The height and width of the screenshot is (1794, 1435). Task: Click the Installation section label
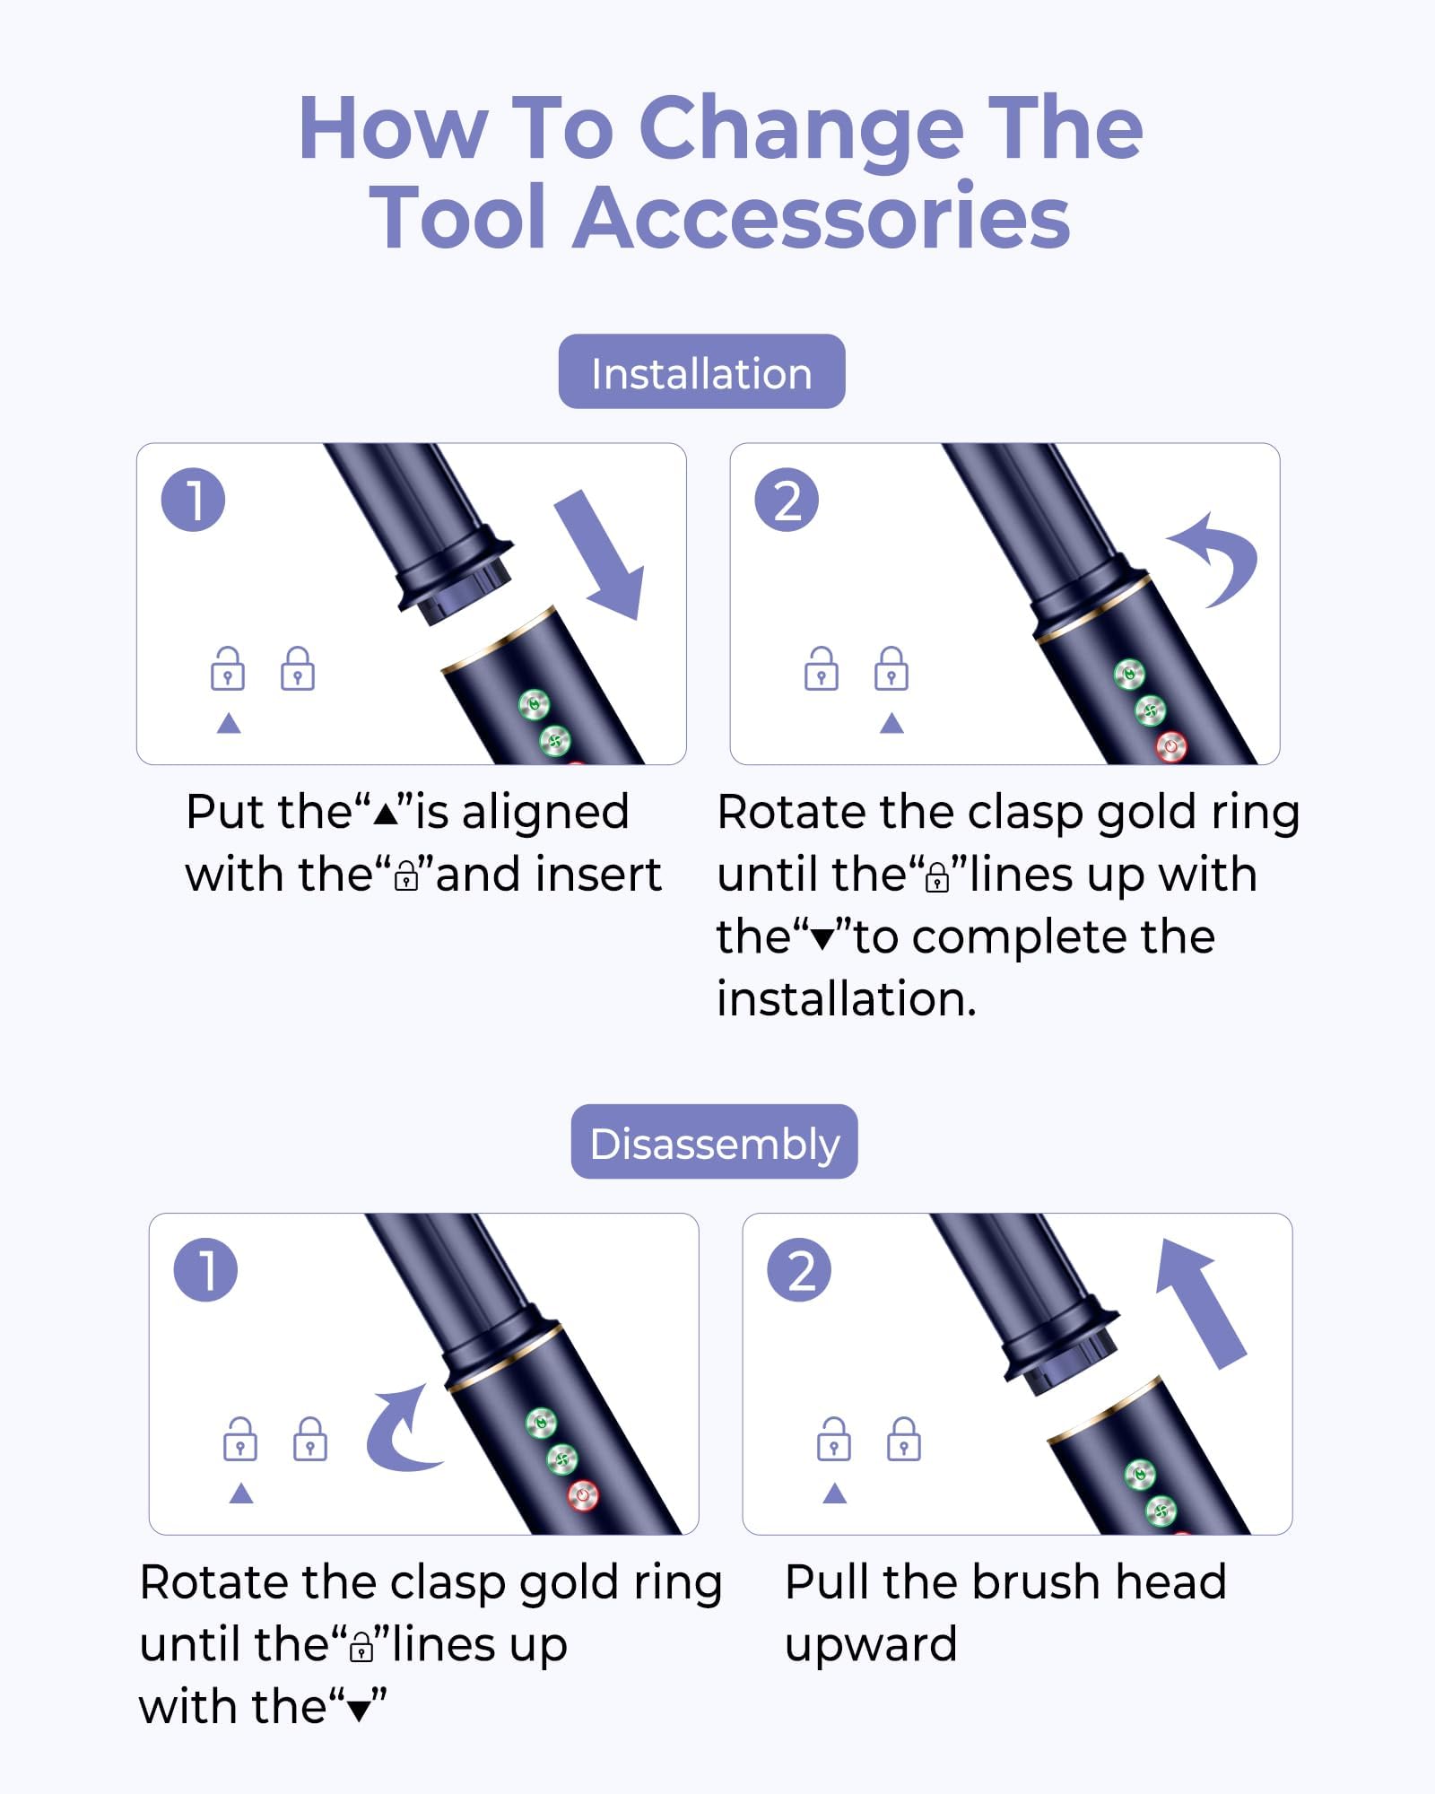click(701, 372)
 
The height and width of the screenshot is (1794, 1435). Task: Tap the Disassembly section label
click(715, 1142)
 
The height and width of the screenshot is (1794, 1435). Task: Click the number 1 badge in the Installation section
click(193, 500)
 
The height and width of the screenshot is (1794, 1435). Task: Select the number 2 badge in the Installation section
click(787, 500)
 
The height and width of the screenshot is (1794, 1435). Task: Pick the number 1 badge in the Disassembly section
click(205, 1269)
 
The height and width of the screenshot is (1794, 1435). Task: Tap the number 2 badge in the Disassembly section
click(799, 1269)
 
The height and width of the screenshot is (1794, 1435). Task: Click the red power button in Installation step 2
click(1172, 745)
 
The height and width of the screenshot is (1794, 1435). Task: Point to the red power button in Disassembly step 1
click(583, 1495)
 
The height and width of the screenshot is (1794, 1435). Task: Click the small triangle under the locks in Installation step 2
click(891, 723)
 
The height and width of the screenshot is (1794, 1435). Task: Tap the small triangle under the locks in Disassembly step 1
click(241, 1494)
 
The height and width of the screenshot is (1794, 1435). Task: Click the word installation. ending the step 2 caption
click(847, 998)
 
